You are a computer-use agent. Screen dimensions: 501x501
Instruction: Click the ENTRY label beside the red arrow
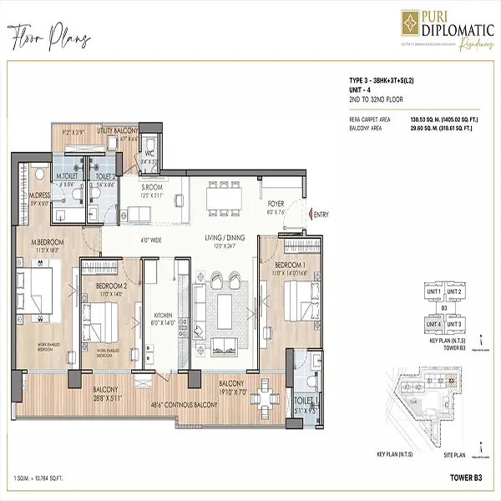tap(321, 215)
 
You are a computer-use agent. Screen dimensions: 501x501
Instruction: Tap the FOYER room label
tap(276, 203)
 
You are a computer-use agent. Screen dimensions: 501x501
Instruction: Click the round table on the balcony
tap(266, 404)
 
